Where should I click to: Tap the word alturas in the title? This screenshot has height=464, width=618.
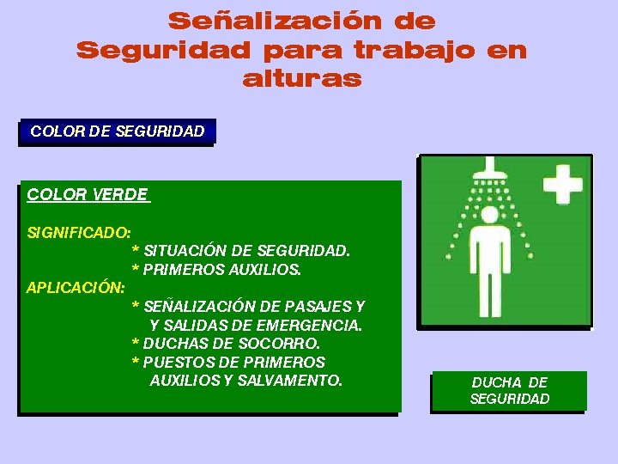click(301, 79)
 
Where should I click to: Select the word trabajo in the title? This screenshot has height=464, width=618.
click(409, 50)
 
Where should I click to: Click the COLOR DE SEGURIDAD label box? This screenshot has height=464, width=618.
click(117, 131)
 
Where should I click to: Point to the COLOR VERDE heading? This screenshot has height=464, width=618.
click(88, 194)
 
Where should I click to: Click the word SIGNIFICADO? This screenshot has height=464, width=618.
click(79, 232)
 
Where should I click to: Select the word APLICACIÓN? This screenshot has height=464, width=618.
click(76, 287)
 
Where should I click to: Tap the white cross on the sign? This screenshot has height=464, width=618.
click(562, 185)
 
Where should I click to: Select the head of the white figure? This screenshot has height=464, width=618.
click(490, 214)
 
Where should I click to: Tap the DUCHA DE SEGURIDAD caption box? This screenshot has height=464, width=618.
click(509, 390)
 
